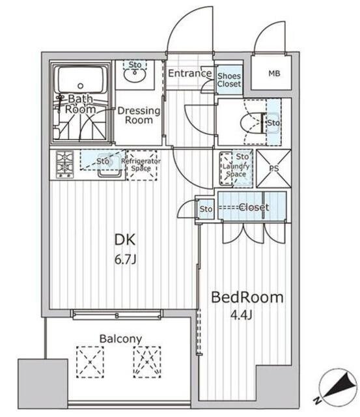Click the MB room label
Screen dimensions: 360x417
pyautogui.click(x=274, y=74)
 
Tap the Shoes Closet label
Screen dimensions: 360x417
pyautogui.click(x=229, y=79)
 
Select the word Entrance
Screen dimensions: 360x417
pyautogui.click(x=190, y=73)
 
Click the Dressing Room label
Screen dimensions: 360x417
pyautogui.click(x=139, y=115)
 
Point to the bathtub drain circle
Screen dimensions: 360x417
pyautogui.click(x=81, y=86)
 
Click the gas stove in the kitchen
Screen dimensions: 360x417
pyautogui.click(x=64, y=164)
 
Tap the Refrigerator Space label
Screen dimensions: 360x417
pyautogui.click(x=141, y=165)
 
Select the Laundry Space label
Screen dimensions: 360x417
pyautogui.click(x=236, y=170)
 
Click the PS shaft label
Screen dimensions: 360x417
pyautogui.click(x=274, y=168)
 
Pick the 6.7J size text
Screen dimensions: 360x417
pyautogui.click(x=126, y=259)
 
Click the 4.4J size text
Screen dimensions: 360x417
pyautogui.click(x=241, y=315)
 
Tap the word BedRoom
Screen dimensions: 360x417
pyautogui.click(x=247, y=297)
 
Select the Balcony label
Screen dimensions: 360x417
pyautogui.click(x=120, y=339)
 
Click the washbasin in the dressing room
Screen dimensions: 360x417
pyautogui.click(x=135, y=75)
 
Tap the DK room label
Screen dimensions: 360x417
pyautogui.click(x=125, y=240)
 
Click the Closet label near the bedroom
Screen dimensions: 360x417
pyautogui.click(x=254, y=207)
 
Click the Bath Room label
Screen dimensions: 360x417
pyautogui.click(x=81, y=104)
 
